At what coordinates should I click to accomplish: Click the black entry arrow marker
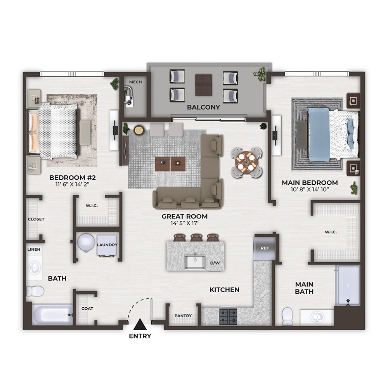point(140,324)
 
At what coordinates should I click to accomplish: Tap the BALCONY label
point(203,107)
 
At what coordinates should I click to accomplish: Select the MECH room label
point(135,82)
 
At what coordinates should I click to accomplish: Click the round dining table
point(246,163)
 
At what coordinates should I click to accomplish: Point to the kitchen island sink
point(195,262)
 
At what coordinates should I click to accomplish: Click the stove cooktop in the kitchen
point(228,317)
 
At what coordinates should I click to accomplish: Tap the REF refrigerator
point(265,248)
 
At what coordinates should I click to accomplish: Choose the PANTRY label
point(183,316)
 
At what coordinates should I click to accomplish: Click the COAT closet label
point(87,308)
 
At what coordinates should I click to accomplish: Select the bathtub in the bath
point(52,315)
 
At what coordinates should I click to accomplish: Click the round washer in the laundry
point(86,242)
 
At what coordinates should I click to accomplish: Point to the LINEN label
point(34,249)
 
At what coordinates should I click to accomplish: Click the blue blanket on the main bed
point(319,135)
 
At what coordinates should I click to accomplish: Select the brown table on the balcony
point(203,85)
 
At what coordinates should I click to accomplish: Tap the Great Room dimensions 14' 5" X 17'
point(185,223)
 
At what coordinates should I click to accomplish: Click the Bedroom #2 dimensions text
point(72,184)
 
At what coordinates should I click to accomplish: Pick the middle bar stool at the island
point(197,237)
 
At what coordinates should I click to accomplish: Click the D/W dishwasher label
point(215,263)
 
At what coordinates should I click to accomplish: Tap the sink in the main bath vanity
point(317,317)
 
